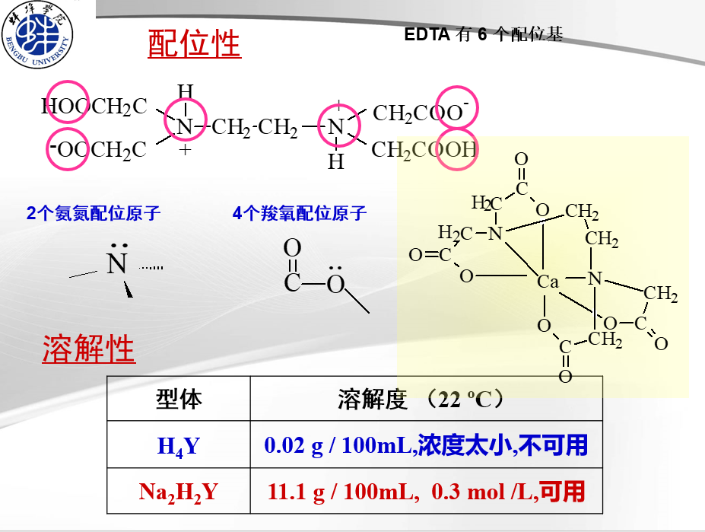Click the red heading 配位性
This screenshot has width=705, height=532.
pos(194,44)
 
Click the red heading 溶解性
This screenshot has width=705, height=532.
pos(89,349)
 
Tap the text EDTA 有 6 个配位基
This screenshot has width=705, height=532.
pos(484,34)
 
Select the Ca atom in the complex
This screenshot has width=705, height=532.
pos(548,282)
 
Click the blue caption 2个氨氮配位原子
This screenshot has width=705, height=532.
pos(94,213)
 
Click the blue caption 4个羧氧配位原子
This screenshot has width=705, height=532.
pos(300,213)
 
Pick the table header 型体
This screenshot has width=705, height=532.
pos(179,399)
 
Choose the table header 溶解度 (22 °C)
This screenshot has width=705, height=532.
pos(420,400)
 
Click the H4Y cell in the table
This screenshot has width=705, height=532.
pos(179,445)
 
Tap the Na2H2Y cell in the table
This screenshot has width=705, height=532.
pos(179,492)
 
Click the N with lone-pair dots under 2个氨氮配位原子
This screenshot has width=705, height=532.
pos(116,263)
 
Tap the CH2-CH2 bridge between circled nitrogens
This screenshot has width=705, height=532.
pos(255,127)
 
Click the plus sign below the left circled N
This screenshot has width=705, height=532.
pos(185,150)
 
